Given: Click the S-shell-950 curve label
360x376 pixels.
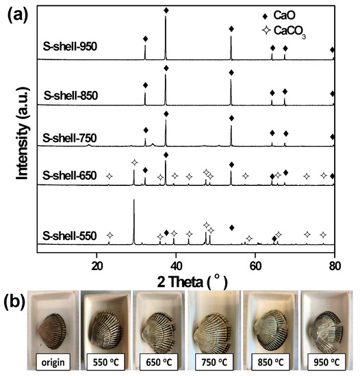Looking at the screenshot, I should pos(70,47).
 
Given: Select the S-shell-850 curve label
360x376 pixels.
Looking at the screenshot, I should pos(70,94).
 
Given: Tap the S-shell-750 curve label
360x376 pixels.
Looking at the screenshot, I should pos(70,138).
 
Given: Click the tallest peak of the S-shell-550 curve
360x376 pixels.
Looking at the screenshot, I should pos(133,200).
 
